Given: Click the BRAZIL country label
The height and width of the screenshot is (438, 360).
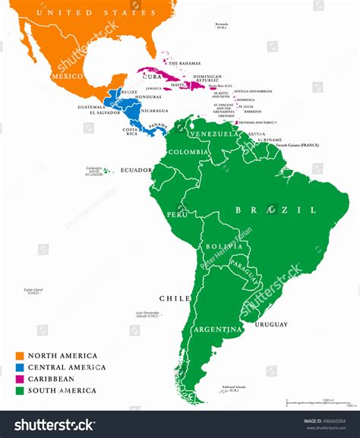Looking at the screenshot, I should (x=275, y=210).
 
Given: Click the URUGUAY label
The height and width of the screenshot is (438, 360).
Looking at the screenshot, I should (x=270, y=325).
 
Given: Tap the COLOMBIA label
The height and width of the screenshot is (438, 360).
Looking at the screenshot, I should (x=187, y=152).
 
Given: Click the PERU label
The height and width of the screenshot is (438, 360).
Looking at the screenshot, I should (x=177, y=215).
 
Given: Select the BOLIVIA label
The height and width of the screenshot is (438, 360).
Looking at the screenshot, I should (x=219, y=247).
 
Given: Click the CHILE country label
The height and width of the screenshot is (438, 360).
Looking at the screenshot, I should (x=175, y=298).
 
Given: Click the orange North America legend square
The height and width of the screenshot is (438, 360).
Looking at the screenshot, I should (x=21, y=355).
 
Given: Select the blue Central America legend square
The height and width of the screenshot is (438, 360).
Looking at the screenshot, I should (x=21, y=367).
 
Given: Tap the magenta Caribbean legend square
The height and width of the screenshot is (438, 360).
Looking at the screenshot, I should (x=21, y=379).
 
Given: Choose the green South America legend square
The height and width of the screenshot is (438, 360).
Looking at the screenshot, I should (x=21, y=391).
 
